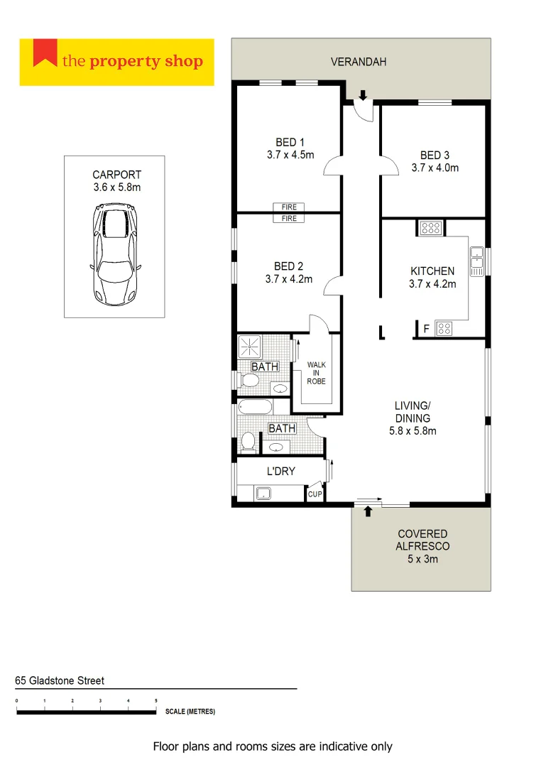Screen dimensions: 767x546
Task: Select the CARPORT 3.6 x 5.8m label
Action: pyautogui.click(x=116, y=181)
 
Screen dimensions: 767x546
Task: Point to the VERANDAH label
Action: pyautogui.click(x=359, y=62)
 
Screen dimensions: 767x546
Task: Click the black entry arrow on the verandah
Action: pyautogui.click(x=363, y=96)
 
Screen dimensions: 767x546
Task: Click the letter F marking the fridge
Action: pyautogui.click(x=426, y=328)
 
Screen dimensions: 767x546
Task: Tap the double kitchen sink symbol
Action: pyautogui.click(x=476, y=261)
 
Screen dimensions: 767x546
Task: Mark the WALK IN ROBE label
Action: pyautogui.click(x=316, y=373)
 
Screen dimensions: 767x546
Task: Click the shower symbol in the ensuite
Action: pyautogui.click(x=249, y=347)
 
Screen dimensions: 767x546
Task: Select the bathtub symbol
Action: pyautogui.click(x=255, y=408)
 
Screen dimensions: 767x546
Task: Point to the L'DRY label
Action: pyautogui.click(x=280, y=471)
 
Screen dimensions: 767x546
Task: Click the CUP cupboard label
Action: pyautogui.click(x=315, y=494)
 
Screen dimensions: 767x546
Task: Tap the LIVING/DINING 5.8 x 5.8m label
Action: pyautogui.click(x=412, y=418)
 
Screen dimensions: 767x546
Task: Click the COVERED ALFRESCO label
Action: pyautogui.click(x=422, y=546)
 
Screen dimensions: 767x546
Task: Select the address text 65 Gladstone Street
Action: pyautogui.click(x=60, y=680)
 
